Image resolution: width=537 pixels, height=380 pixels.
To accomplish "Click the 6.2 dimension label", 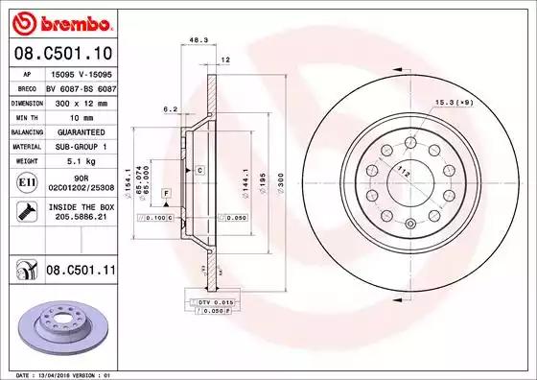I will point(169,108).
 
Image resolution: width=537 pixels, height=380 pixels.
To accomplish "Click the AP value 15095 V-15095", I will point(80,72).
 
